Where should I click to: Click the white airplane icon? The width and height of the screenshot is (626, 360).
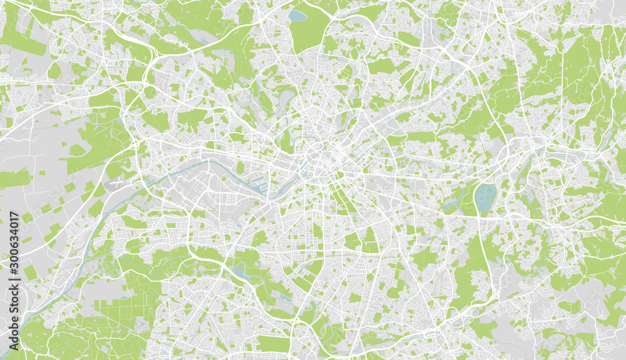[116, 185]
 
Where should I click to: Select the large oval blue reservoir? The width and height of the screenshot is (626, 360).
[484, 198]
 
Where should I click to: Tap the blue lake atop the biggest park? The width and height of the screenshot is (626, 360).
[297, 15]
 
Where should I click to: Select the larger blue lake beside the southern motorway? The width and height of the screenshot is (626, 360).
[238, 270]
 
